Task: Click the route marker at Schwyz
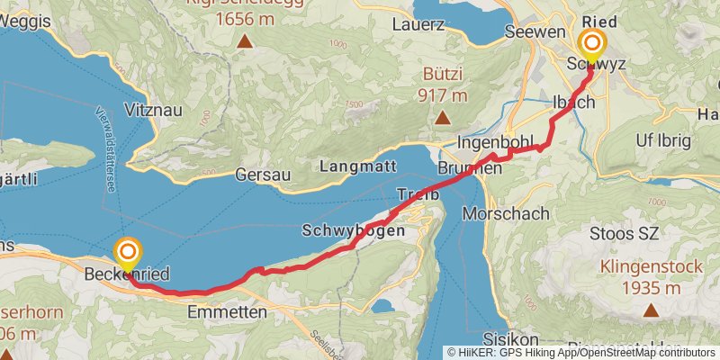[x=592, y=44]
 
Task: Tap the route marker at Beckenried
[x=129, y=253]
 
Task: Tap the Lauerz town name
[x=418, y=25]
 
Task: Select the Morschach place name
[x=506, y=214]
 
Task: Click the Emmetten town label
[x=229, y=312]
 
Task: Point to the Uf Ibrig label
[x=662, y=140]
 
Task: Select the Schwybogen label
[x=354, y=230]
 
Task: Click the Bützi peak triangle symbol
[x=442, y=118]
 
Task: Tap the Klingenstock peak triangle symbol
[x=650, y=310]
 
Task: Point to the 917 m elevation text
[x=442, y=94]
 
